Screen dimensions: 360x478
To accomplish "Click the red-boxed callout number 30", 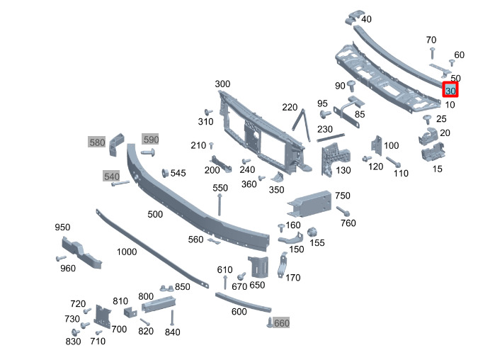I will (x=450, y=90).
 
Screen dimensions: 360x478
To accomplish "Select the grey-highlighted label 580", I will (x=97, y=142).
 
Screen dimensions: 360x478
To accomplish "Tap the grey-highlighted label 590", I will (x=152, y=139).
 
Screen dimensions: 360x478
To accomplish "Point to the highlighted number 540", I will (x=112, y=176).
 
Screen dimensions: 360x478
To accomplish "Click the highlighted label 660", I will (x=282, y=323).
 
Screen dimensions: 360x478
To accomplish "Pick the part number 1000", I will (x=127, y=252).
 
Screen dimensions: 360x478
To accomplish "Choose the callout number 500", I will (x=155, y=214).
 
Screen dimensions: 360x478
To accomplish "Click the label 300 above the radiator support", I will (x=222, y=84).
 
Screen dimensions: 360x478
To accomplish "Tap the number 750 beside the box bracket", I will (x=343, y=196).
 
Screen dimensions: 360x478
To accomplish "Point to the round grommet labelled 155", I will (x=310, y=234).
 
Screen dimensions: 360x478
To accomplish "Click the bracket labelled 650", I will (x=258, y=266).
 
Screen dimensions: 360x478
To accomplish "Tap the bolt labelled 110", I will (x=392, y=163).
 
